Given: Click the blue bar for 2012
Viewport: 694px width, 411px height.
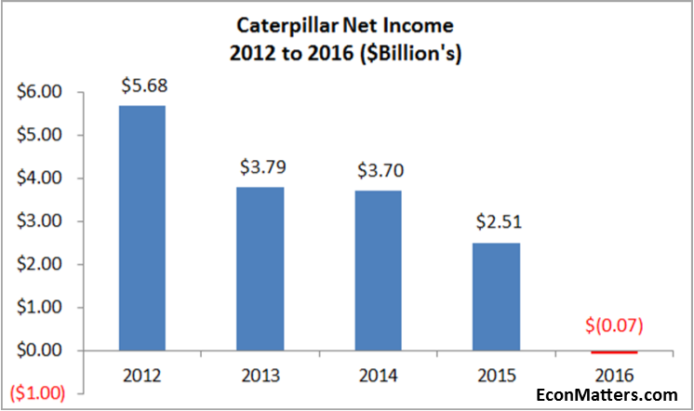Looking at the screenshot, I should [x=141, y=228].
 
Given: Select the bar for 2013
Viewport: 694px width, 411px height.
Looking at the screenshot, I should [x=260, y=269].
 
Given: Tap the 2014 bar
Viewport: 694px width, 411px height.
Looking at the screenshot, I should [x=378, y=271].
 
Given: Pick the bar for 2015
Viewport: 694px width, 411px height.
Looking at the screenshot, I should [x=496, y=297].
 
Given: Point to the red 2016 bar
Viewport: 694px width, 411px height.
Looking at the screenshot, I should [x=614, y=352].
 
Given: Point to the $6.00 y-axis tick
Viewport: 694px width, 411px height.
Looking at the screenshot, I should [x=38, y=92].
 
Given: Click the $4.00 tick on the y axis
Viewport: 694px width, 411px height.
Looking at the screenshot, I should [x=38, y=179].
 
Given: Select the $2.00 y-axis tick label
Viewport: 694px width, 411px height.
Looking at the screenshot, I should [x=38, y=265].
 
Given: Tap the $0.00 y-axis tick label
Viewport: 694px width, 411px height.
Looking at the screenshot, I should [x=38, y=351].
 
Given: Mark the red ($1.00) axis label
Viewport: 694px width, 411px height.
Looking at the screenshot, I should [x=35, y=392].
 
